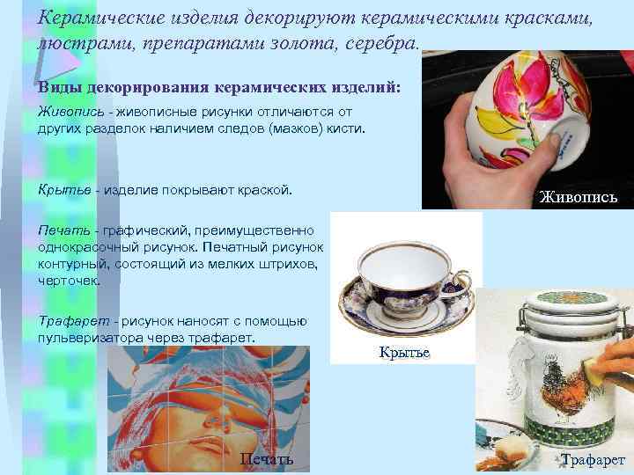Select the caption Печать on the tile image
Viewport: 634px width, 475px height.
pyautogui.click(x=266, y=461)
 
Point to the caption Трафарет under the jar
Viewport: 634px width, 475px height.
pyautogui.click(x=593, y=460)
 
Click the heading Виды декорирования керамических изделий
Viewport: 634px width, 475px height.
pyautogui.click(x=218, y=89)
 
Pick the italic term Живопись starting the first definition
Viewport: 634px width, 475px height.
pyautogui.click(x=67, y=112)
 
